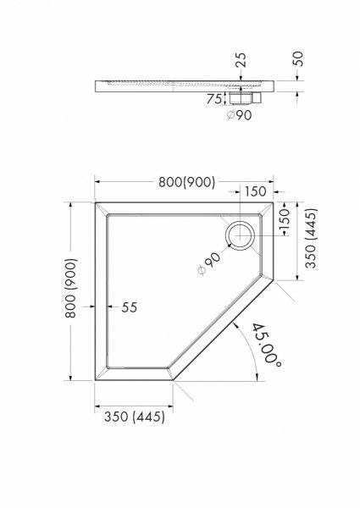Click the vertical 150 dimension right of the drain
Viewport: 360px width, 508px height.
[286, 223]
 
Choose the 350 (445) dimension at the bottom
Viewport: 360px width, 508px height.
[130, 416]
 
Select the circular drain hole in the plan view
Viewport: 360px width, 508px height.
[241, 234]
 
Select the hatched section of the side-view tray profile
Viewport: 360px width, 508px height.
[169, 84]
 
